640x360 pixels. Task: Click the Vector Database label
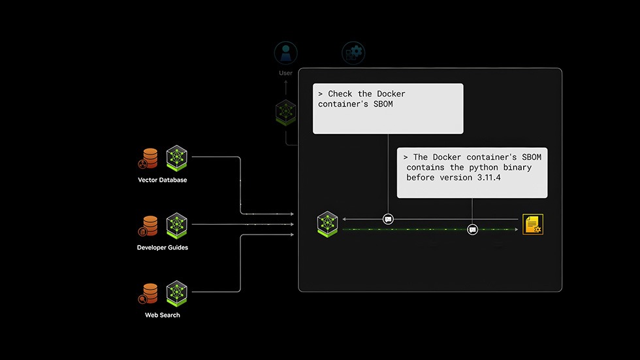pos(162,180)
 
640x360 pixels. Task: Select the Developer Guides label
pos(162,248)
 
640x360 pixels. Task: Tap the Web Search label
pos(162,315)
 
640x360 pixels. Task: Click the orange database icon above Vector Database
pos(149,158)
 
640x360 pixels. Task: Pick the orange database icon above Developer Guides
pos(149,225)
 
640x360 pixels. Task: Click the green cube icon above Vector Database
pos(176,157)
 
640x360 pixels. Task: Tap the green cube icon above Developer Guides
pos(176,225)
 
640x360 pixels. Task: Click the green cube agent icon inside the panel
pos(327,223)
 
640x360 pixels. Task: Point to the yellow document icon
pos(533,223)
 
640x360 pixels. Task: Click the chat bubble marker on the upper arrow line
pos(388,219)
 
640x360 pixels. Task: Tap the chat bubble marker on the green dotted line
pos(472,229)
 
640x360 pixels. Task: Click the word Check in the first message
pos(340,94)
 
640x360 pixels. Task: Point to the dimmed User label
pos(286,73)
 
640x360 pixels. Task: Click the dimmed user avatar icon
pos(286,53)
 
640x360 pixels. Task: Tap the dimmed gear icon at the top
pos(353,53)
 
